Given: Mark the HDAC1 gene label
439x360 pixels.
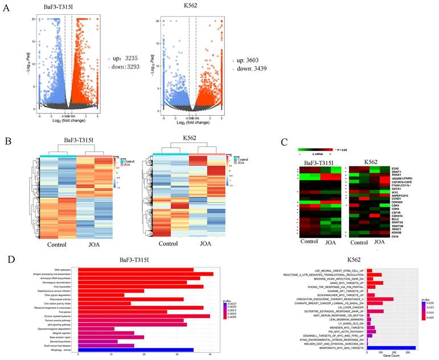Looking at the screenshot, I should point(397,227).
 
